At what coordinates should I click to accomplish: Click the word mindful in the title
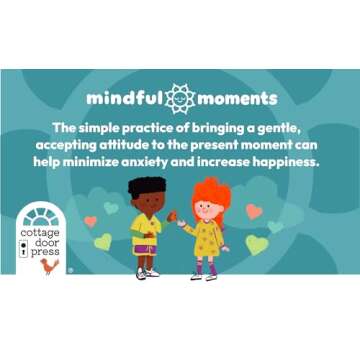(124, 100)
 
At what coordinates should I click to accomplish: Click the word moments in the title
(237, 100)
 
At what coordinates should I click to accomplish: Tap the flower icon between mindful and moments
(179, 99)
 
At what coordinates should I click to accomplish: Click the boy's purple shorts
(146, 247)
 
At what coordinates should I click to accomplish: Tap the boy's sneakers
(148, 272)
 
